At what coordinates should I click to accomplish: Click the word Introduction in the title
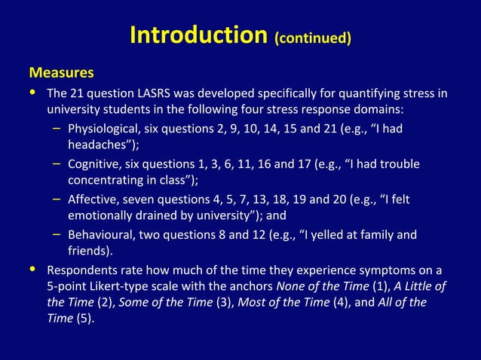(198, 35)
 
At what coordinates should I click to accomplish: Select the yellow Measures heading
(61, 73)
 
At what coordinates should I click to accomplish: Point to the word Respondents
(82, 270)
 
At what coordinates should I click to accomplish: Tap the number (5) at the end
(85, 319)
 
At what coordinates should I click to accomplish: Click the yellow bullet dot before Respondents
(32, 268)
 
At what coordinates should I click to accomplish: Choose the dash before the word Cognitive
(57, 163)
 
